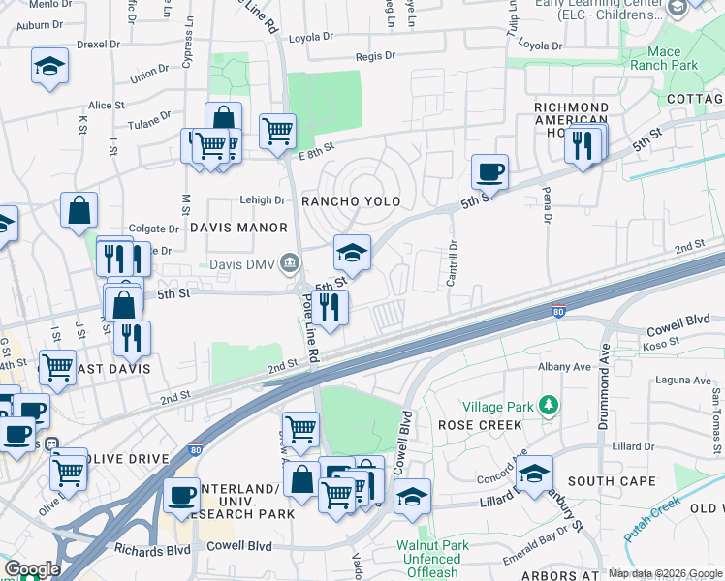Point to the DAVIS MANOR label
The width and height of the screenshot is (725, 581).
pyautogui.click(x=238, y=228)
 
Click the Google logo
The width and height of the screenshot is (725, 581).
pyautogui.click(x=31, y=569)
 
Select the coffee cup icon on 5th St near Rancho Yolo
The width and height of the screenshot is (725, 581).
pyautogui.click(x=489, y=171)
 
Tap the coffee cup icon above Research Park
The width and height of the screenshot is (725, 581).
pyautogui.click(x=181, y=495)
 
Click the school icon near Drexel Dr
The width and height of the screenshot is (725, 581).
pyautogui.click(x=49, y=65)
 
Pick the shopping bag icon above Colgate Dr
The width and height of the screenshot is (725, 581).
pyautogui.click(x=79, y=209)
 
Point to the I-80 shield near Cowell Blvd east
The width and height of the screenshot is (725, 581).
pyautogui.click(x=557, y=312)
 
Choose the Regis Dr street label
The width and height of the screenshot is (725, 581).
pyautogui.click(x=376, y=56)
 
